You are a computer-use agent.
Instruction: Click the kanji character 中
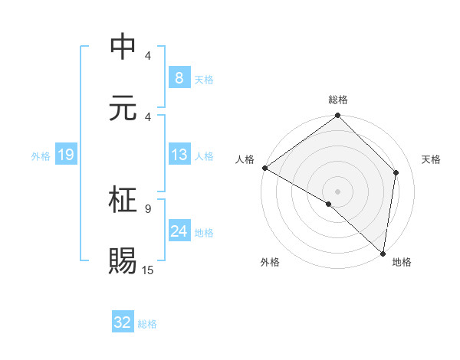point(123,47)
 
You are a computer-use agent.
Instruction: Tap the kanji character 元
point(123,107)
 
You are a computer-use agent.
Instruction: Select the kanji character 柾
point(123,200)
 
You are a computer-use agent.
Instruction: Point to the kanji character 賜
point(123,260)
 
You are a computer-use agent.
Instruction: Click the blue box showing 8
point(179,77)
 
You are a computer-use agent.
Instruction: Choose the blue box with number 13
point(179,155)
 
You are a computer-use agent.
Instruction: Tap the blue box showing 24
point(179,231)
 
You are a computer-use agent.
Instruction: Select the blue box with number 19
point(65,155)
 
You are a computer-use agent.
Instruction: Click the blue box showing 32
point(122,322)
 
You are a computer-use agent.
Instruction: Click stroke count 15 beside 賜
point(148,270)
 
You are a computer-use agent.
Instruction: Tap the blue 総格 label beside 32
point(147,324)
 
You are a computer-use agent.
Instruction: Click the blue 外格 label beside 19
point(41,156)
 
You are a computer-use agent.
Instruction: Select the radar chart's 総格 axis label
point(337,100)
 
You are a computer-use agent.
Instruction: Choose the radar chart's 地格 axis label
point(402,262)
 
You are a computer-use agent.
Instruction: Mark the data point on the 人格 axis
point(264,168)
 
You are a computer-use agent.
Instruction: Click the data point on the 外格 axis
point(329,205)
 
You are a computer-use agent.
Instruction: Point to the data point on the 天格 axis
point(396,172)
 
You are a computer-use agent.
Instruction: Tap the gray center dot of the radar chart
point(337,191)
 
